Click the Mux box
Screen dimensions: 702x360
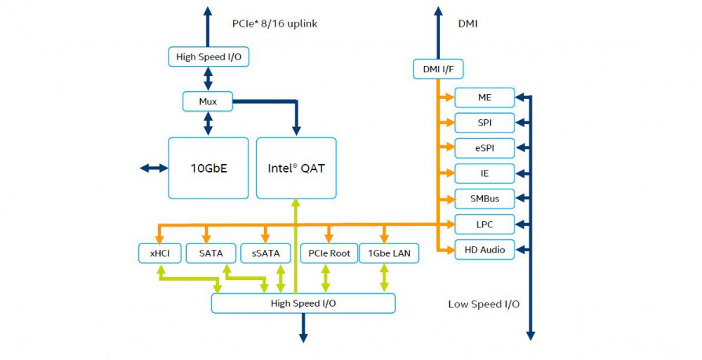(208, 102)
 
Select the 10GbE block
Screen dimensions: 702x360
(208, 168)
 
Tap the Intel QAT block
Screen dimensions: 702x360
(296, 168)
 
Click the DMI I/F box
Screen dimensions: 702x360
(438, 69)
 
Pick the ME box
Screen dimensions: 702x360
(484, 98)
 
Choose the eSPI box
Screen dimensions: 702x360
(484, 148)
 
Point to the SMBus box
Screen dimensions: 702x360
(484, 199)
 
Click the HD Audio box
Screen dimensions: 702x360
(484, 250)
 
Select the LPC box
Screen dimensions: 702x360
(484, 225)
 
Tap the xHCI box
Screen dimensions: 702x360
(160, 253)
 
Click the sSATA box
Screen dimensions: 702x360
(265, 253)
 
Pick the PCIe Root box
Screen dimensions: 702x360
(329, 253)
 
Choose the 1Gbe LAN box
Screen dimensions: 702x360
(389, 253)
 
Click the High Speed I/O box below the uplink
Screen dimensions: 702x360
(208, 57)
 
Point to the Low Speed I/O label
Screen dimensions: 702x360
(484, 304)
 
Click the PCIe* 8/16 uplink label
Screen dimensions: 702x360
(274, 23)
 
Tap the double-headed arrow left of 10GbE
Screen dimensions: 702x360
(154, 168)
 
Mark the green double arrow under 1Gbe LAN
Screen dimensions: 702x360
(384, 278)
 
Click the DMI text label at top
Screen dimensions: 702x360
(468, 23)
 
